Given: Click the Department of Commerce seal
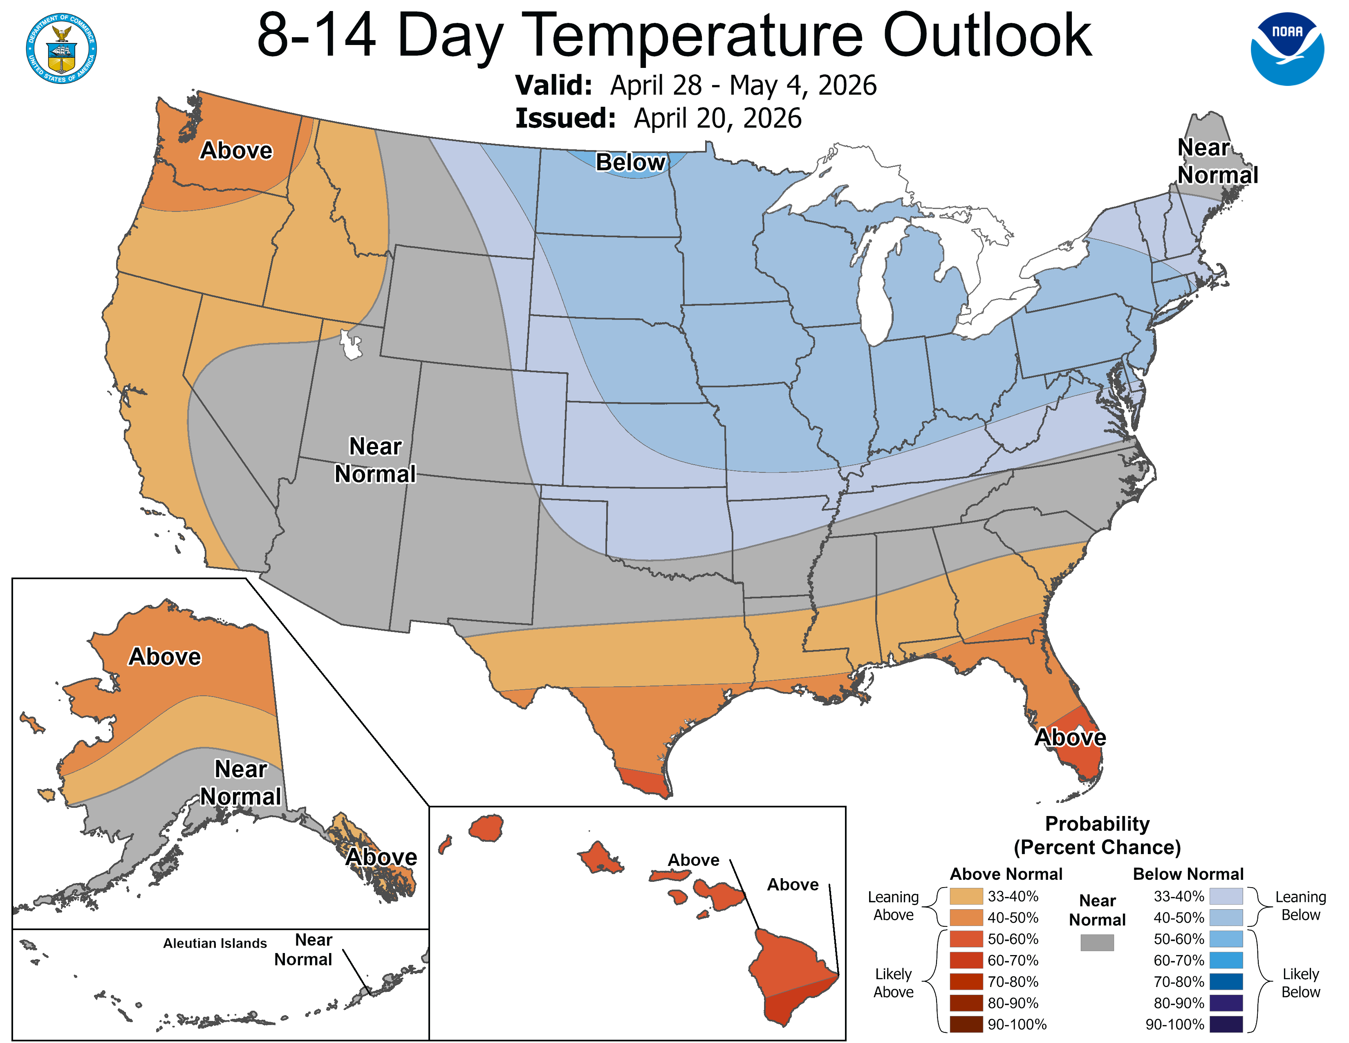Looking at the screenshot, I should coord(61,48).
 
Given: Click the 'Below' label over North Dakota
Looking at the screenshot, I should coord(630,162).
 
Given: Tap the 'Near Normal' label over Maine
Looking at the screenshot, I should coord(1217,162).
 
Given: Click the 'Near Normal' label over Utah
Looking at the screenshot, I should coord(375,460).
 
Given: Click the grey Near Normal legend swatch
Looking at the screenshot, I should coord(1097,942).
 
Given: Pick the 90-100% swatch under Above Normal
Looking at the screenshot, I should coord(966,1025).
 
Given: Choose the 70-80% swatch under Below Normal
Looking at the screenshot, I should coord(1226,982).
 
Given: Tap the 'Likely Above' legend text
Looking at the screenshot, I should coord(893,983).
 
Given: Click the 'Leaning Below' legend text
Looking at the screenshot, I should coord(1300,906).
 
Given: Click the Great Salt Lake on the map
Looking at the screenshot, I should coord(351,346).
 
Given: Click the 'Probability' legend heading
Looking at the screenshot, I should coord(1097,824).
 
